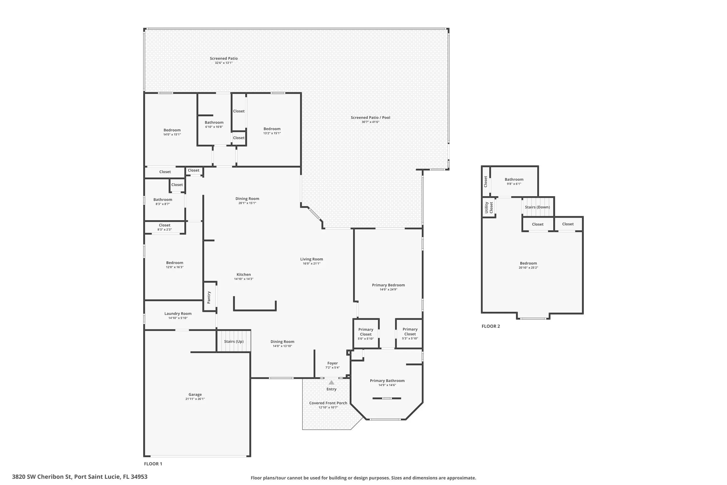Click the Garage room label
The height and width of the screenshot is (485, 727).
(195, 394)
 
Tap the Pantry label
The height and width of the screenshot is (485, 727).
(209, 297)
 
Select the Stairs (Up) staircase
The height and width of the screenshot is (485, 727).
(234, 341)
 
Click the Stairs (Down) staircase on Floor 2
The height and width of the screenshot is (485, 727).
(537, 207)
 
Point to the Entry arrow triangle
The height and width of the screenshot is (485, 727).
(331, 382)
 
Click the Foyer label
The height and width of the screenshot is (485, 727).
(332, 363)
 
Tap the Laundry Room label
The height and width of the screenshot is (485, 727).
(178, 313)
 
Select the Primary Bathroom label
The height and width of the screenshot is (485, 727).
(387, 380)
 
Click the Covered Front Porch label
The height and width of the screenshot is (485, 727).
(328, 403)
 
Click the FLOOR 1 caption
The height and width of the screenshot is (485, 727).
(153, 464)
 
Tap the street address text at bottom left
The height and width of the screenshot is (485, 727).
(80, 477)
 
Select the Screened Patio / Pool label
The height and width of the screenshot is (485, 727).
(370, 117)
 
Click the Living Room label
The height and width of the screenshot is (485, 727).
(312, 259)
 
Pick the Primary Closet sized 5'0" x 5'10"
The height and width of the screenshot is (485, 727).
(366, 334)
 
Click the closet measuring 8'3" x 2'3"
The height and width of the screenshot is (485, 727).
(165, 227)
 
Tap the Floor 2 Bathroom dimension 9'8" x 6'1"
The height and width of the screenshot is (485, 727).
(514, 184)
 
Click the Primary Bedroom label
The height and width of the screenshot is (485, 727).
(388, 285)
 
